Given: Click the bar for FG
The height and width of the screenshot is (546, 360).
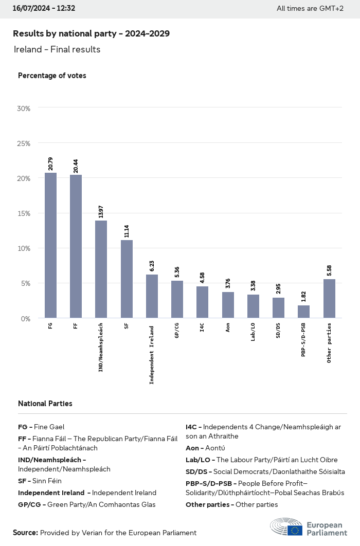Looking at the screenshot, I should click(50, 245).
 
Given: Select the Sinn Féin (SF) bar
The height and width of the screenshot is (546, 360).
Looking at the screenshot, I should click(127, 279).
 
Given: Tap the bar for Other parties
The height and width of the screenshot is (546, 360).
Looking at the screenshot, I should click(329, 298).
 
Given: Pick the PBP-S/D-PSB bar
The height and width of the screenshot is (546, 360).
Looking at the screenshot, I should click(304, 312).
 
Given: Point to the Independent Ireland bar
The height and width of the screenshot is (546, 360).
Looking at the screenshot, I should click(152, 296).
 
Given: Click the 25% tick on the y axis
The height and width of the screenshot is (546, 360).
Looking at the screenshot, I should click(24, 143).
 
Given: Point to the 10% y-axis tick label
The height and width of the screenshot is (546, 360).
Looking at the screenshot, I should click(24, 248).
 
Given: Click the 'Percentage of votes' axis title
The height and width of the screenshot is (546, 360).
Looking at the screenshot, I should click(52, 76).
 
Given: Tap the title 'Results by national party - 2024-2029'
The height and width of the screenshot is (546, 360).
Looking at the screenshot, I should click(91, 33).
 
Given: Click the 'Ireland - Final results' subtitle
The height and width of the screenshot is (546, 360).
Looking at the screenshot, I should click(57, 49).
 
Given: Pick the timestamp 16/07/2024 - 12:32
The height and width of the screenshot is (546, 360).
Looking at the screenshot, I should click(44, 8).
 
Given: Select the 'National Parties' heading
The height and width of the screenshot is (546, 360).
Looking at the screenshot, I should click(45, 404).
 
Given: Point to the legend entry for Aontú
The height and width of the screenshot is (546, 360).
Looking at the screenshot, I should click(205, 448).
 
